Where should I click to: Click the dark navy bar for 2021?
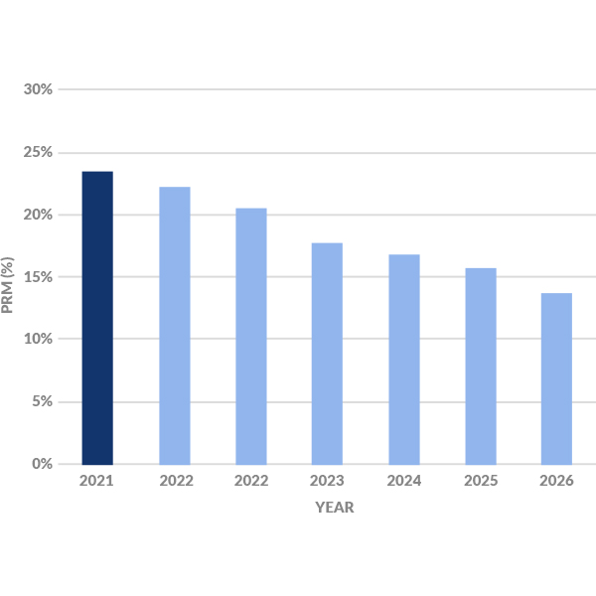point(97,318)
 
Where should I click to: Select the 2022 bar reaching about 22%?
point(174,326)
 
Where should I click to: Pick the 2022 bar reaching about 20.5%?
point(250,336)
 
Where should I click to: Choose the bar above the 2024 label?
point(403,360)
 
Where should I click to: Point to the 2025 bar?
point(480,366)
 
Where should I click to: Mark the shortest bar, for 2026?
point(556,378)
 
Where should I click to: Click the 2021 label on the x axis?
point(97,481)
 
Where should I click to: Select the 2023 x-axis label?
point(327,481)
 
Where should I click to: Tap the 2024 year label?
point(403,481)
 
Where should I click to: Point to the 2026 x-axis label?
point(556,481)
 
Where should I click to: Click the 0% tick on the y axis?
point(41,464)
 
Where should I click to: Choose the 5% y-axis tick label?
point(41,401)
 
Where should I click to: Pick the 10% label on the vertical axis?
point(38,339)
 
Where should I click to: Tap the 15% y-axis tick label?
point(38,276)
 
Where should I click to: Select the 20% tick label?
point(38,215)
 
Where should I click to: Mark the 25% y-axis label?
point(38,152)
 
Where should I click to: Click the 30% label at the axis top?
point(38,89)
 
